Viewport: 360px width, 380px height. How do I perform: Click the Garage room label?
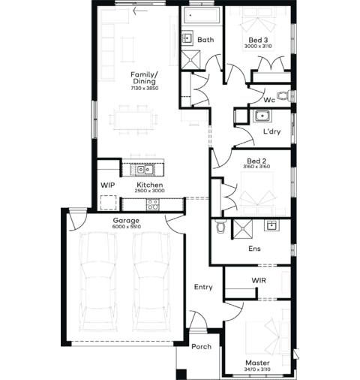pos(126,221)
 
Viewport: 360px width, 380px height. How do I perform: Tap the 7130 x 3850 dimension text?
pos(145,89)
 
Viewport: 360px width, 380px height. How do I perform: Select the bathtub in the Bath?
pos(202,15)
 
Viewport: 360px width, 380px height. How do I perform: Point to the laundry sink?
pos(262,116)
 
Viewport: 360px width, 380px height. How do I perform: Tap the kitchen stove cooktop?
pos(152,204)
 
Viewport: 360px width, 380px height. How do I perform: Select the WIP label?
pos(108,185)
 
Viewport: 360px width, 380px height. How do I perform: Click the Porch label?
pos(201,347)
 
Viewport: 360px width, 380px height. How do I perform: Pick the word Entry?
pos(203,287)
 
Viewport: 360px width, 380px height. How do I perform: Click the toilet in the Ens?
pos(220,226)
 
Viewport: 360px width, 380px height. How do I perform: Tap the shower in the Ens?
pos(242,229)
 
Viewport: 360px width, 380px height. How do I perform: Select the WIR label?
pos(259,280)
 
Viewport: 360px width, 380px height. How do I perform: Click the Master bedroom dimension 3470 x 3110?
pos(257,369)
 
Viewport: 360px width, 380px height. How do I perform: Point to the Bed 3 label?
pos(258,40)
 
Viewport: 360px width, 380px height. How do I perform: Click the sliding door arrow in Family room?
pos(140,11)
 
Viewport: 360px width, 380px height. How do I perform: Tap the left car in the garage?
pos(98,282)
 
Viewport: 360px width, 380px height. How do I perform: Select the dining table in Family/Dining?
pos(133,120)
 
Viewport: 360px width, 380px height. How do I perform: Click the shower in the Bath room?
pos(190,59)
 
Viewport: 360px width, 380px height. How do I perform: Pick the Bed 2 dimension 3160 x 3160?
pos(256,167)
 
